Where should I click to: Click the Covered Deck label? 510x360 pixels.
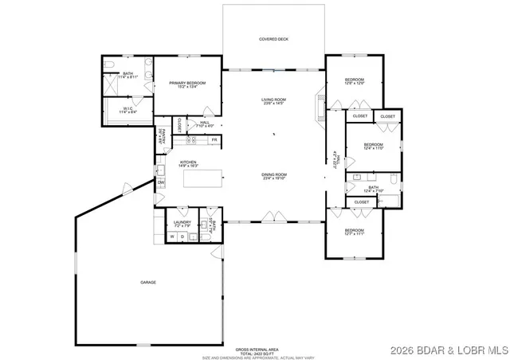pos(273,39)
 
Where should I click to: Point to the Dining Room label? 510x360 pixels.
pos(273,176)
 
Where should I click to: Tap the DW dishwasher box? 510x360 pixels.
pos(160,182)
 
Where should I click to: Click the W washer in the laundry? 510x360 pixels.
pos(171,237)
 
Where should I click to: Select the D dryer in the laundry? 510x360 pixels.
pos(182,237)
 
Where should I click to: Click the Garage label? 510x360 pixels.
pos(148,283)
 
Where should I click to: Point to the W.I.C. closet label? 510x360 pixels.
pos(127,111)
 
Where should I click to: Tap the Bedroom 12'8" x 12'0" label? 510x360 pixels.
pos(354,82)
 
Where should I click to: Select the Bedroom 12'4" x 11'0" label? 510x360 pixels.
pos(374,147)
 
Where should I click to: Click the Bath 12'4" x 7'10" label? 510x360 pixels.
pos(373,190)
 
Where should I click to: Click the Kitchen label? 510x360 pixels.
pos(187,163)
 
